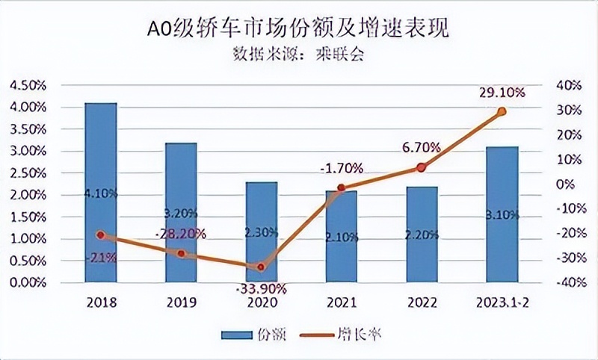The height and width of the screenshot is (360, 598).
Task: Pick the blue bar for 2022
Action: coord(421,235)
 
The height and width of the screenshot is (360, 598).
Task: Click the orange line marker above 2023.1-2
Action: coord(502,111)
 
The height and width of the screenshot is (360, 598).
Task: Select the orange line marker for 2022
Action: coord(421,167)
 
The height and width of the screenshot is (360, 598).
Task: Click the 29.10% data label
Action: coord(502,93)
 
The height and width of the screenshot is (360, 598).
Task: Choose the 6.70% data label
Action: coord(421,148)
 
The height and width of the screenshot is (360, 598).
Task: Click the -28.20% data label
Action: coord(181,232)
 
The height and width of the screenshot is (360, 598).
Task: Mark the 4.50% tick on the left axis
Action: coord(26,85)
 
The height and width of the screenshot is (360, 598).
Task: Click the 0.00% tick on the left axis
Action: coord(26,283)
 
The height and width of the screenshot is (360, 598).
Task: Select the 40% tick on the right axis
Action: coord(568,85)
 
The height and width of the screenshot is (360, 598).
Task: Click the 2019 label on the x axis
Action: coord(181,302)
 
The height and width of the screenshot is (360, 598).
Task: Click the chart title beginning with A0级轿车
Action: coord(299,29)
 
